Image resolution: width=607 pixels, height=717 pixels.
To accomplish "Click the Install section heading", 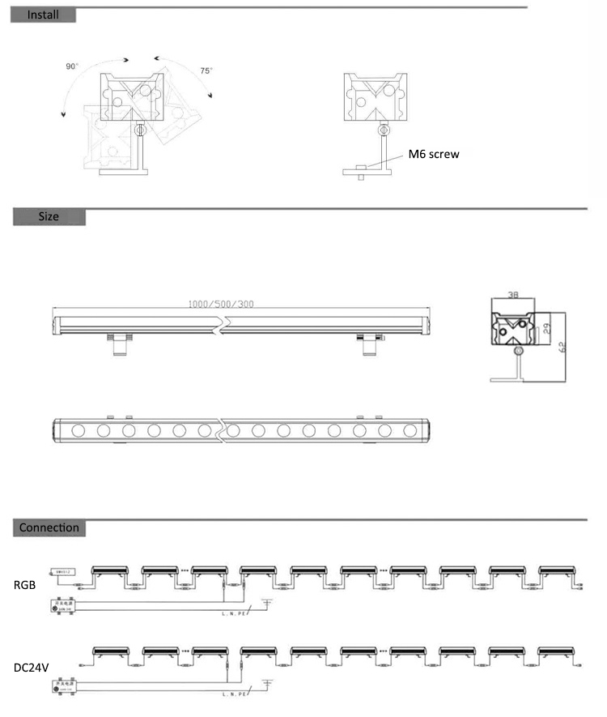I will (x=43, y=15).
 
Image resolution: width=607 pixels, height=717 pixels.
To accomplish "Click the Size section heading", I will (x=49, y=217).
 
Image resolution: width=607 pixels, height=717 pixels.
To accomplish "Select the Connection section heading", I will (x=49, y=528).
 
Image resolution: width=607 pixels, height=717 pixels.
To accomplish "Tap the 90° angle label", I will (x=73, y=66).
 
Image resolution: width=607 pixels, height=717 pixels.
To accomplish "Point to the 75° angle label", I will (x=206, y=71).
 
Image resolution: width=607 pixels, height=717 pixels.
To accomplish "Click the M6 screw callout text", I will (x=433, y=154).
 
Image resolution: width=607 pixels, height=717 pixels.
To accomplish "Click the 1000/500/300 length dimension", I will (x=221, y=305).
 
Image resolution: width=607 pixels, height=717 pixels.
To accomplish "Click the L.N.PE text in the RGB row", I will (x=233, y=614).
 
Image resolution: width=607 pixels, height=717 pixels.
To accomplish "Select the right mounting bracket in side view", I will (x=368, y=344).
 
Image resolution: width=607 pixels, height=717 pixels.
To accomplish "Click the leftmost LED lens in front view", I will (x=79, y=430).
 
